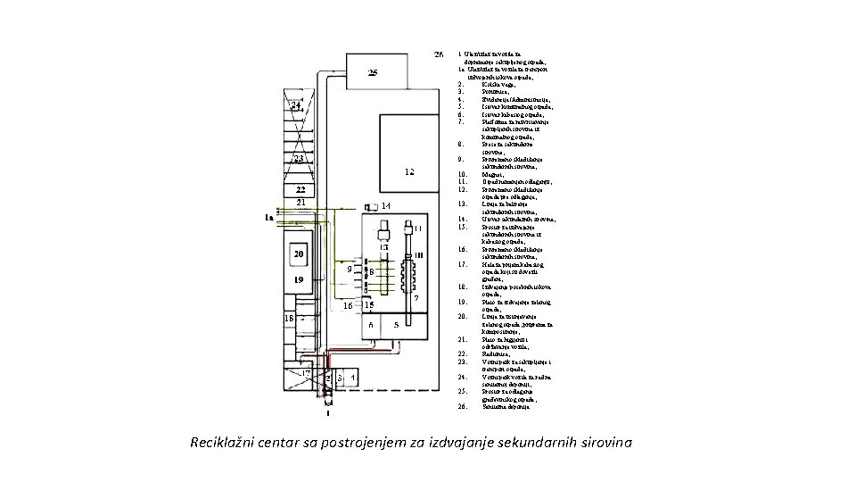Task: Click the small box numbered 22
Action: click(x=300, y=190)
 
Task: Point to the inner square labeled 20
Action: click(x=300, y=254)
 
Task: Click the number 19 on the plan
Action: click(x=300, y=279)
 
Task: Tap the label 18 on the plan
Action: click(x=289, y=318)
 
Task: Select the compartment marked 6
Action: click(x=372, y=326)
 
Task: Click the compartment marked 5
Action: click(x=396, y=326)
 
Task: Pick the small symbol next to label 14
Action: click(x=369, y=207)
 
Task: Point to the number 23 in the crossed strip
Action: click(x=300, y=159)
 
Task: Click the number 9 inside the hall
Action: click(x=349, y=268)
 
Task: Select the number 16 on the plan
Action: click(x=348, y=304)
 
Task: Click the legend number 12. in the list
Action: click(x=461, y=188)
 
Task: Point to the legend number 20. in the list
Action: click(x=461, y=317)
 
